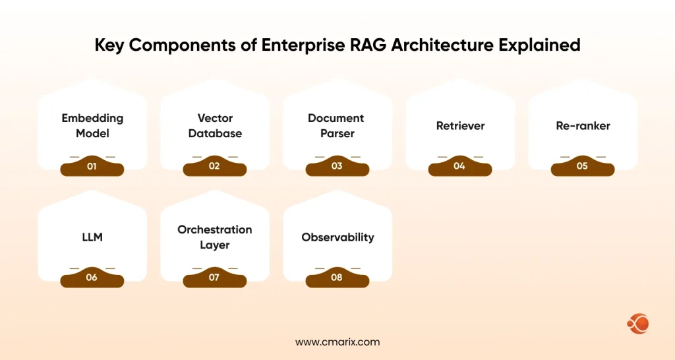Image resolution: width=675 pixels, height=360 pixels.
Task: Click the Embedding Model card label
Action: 92,125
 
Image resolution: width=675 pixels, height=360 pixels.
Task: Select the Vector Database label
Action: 215,125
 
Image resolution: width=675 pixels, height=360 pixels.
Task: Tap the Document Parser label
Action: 336,125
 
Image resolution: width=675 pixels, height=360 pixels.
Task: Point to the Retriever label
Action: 459,125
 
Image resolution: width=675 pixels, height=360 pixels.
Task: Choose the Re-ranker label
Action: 582,125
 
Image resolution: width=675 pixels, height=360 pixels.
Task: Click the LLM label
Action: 92,237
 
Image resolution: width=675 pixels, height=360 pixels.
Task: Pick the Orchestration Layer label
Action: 215,237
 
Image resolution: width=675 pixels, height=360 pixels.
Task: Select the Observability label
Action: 337,237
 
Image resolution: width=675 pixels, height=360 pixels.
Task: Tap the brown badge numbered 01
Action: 92,167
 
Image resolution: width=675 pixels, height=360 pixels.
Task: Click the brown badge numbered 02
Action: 215,167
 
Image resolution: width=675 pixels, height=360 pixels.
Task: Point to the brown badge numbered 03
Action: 337,167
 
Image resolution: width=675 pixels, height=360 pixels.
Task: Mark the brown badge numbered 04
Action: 459,167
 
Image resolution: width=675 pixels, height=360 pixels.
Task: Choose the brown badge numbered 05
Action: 582,167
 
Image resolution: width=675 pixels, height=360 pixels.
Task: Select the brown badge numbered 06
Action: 92,278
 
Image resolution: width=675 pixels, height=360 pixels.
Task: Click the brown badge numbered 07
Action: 215,278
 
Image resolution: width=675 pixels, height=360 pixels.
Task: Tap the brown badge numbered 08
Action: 337,278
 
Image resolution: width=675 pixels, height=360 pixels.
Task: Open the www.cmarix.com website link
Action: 337,342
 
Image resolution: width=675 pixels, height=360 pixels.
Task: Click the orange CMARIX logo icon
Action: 638,324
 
